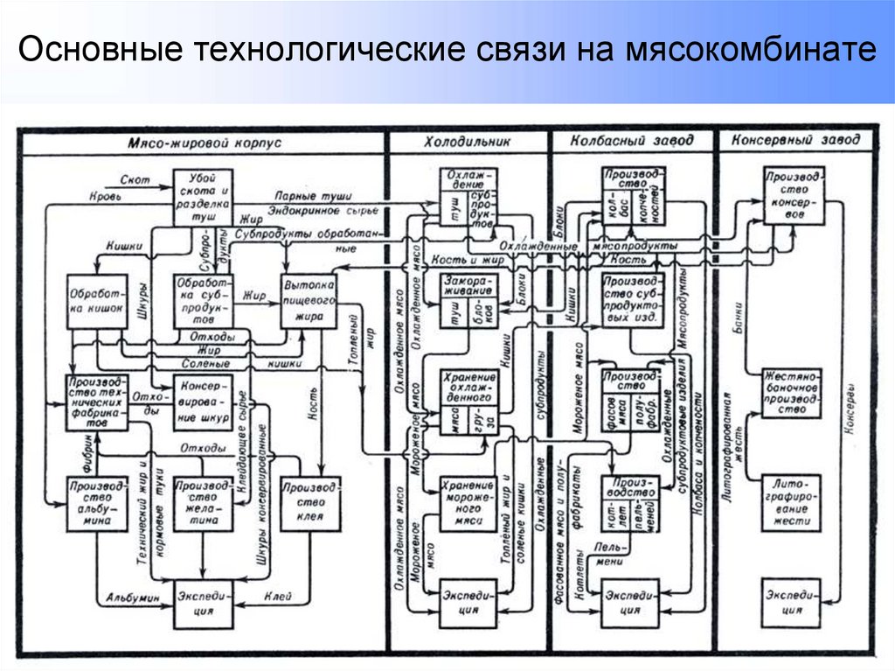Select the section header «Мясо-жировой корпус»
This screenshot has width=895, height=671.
click(x=204, y=142)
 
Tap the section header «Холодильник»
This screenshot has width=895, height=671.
click(x=468, y=141)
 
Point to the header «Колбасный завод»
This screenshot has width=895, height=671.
click(x=631, y=140)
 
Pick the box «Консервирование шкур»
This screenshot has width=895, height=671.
click(x=203, y=402)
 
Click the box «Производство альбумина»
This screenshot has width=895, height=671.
click(x=96, y=503)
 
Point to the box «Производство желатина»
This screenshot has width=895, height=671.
click(x=203, y=503)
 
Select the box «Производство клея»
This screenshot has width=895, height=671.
click(x=309, y=503)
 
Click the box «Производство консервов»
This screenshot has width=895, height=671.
click(x=792, y=197)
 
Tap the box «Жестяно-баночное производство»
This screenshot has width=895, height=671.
click(x=792, y=393)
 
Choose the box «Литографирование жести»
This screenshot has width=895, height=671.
click(x=792, y=503)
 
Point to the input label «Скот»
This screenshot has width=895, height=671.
click(x=136, y=180)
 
